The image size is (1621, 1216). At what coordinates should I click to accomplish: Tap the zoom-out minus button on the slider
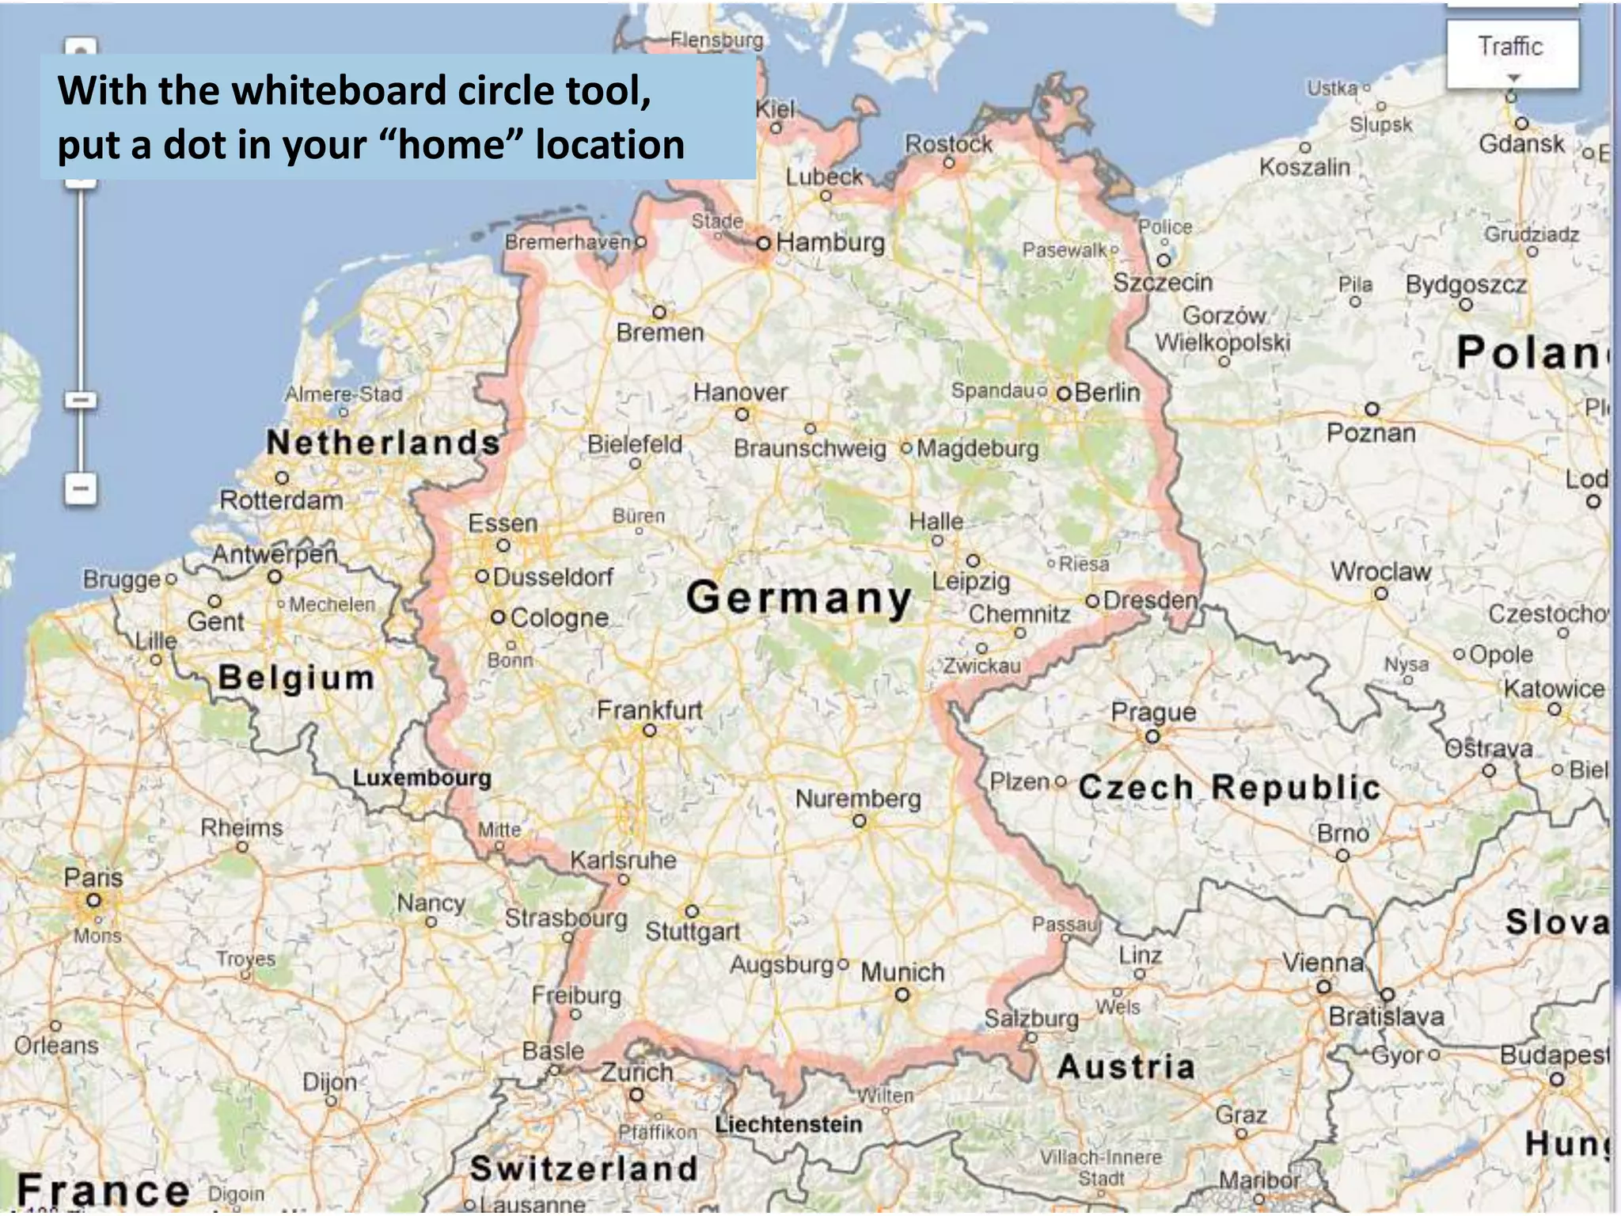click(81, 488)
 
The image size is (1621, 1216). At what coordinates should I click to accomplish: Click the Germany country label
click(799, 598)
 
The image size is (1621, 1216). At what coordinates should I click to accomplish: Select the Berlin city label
click(1107, 392)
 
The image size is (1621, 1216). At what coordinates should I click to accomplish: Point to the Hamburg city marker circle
click(763, 243)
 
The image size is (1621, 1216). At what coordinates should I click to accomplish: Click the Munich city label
click(902, 972)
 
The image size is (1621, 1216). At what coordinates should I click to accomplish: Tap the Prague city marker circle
click(1152, 737)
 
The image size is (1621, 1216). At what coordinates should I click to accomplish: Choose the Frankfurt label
click(649, 710)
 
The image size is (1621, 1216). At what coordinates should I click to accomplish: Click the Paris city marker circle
click(94, 900)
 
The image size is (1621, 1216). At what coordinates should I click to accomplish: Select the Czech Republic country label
click(1229, 788)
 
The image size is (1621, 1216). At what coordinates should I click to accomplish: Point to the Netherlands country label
click(383, 443)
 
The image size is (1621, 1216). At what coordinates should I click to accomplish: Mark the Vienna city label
click(1323, 963)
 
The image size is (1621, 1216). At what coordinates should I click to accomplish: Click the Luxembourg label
click(422, 777)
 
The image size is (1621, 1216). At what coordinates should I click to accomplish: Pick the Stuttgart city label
click(693, 932)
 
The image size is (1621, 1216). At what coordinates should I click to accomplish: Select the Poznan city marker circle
click(1372, 409)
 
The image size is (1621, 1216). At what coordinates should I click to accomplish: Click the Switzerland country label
click(583, 1168)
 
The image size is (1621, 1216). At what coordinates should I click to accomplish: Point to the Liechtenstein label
click(788, 1124)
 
